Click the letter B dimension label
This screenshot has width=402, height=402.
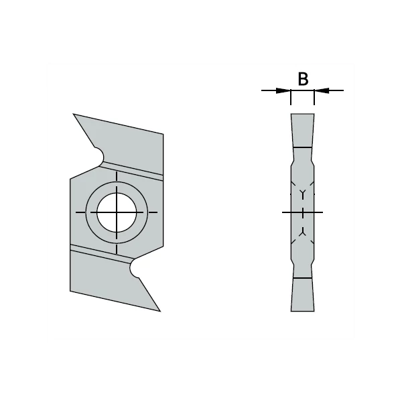303,79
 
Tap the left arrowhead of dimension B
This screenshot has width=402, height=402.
283,90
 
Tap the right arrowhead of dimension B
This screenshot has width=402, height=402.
322,90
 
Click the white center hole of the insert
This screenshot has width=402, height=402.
117,212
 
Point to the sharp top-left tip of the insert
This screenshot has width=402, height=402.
73,114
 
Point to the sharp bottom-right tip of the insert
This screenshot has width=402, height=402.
161,312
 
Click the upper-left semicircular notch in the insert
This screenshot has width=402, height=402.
100,156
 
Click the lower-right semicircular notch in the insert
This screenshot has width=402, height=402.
134,269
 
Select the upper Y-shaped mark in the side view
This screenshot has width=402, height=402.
303,194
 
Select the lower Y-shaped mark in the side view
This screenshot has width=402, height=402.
303,232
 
